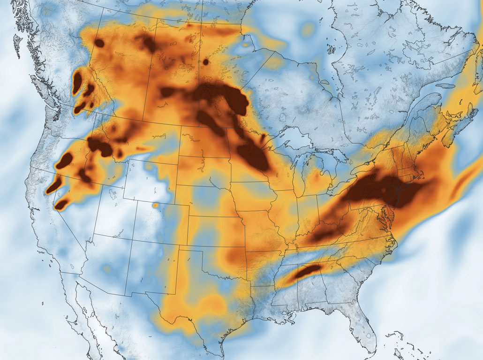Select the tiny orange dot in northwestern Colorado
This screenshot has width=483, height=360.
tap(155, 205)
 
